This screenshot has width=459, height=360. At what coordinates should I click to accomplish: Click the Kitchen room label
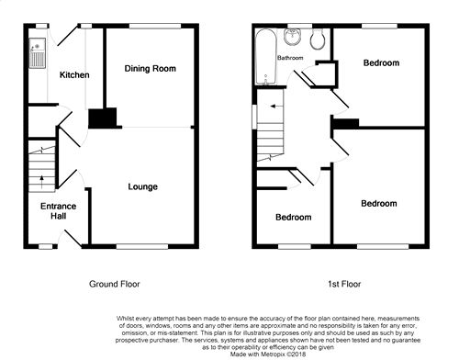tap(74, 75)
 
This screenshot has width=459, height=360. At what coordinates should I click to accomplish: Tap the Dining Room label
tap(150, 69)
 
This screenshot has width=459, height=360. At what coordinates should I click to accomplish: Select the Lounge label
tap(142, 186)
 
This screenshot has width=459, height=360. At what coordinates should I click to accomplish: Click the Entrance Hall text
tap(58, 211)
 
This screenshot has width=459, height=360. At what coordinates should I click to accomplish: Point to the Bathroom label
tap(290, 58)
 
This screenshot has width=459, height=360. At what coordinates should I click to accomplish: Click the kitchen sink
tap(38, 52)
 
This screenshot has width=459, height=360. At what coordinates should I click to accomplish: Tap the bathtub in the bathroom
tap(266, 57)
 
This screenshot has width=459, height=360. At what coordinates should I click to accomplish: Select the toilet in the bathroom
tap(318, 39)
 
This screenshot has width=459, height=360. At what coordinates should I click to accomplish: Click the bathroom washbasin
tap(293, 37)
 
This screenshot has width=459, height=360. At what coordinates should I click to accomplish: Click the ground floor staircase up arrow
tap(42, 182)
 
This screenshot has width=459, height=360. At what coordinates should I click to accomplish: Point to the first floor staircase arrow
tap(276, 107)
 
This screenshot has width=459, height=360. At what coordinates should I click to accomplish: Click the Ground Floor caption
tap(115, 284)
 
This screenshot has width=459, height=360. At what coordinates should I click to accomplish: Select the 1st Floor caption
tap(344, 284)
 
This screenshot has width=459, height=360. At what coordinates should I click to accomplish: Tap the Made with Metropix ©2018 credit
tap(268, 354)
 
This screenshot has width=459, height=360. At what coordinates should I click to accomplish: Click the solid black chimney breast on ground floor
tap(103, 118)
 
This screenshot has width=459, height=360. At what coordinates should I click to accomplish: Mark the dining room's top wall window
tap(155, 26)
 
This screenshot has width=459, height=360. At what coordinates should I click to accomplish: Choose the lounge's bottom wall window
tap(142, 246)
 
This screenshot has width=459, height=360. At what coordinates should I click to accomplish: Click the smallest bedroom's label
tap(294, 218)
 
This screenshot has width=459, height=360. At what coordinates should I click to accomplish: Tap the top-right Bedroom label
tap(381, 63)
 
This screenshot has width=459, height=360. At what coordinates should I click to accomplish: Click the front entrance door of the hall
tap(73, 239)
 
